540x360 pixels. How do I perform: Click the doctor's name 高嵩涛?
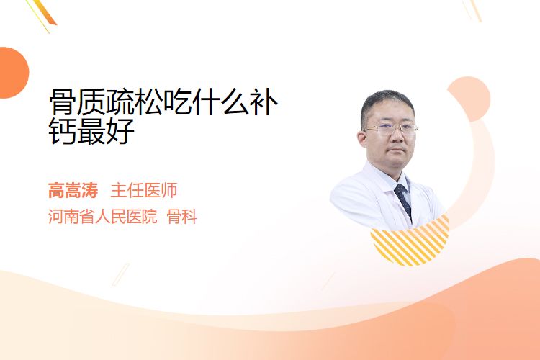point(73,191)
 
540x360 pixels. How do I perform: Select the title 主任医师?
point(144,191)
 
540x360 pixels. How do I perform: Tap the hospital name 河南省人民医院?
point(103,217)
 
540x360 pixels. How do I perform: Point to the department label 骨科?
point(182,217)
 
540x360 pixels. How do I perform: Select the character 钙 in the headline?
point(63,131)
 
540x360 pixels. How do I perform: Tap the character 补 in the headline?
point(264,102)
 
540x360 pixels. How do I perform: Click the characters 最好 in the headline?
point(106,131)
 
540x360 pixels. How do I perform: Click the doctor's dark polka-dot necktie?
point(403,201)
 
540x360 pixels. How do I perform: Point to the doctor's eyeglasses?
point(390,129)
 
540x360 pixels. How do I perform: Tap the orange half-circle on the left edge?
point(13,73)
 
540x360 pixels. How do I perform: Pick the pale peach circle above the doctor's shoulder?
point(469,98)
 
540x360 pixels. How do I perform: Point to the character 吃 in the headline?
point(179,102)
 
